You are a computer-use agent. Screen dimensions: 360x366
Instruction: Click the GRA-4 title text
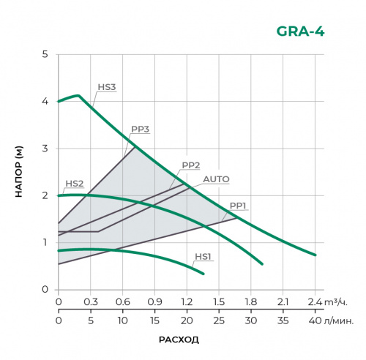pos(300,31)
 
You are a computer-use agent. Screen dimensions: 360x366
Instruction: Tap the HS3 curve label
pos(107,87)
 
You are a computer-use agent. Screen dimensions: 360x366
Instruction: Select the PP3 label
pos(141,130)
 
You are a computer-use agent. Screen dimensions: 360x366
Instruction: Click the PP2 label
pos(191,165)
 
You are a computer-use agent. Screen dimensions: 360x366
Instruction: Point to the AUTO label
pos(216,179)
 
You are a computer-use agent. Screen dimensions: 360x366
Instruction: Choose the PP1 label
pos(239,206)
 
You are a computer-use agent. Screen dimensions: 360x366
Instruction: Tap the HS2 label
pos(74,184)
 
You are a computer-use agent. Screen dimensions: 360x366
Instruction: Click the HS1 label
pos(203,257)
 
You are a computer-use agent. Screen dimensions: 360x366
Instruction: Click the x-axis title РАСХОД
pos(179,340)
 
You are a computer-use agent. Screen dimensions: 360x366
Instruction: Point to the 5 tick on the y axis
pos(45,55)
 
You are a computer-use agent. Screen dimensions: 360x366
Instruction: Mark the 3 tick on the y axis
pos(45,149)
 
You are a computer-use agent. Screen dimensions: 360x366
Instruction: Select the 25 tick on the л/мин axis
pos(219,320)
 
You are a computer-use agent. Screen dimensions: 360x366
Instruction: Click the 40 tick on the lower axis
pos(315,320)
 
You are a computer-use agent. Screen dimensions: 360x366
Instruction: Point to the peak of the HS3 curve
pos(78,96)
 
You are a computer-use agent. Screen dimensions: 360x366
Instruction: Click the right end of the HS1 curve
pos(203,274)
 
